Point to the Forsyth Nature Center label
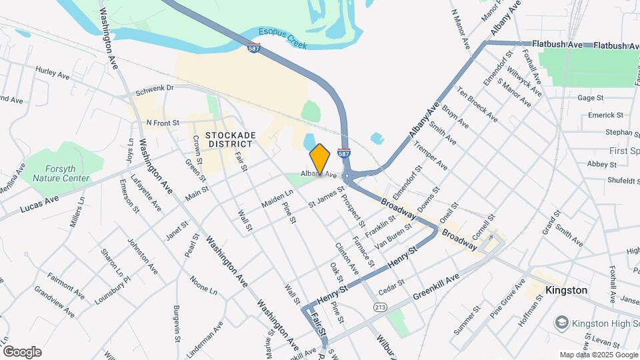click(58, 174)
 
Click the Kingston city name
click(566, 290)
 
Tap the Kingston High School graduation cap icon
click(561, 323)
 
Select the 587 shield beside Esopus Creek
click(254, 48)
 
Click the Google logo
click(22, 352)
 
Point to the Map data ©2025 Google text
click(597, 355)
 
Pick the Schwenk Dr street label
click(155, 89)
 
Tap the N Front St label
click(163, 123)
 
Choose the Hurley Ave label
click(53, 76)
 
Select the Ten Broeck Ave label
click(477, 104)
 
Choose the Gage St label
click(591, 97)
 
